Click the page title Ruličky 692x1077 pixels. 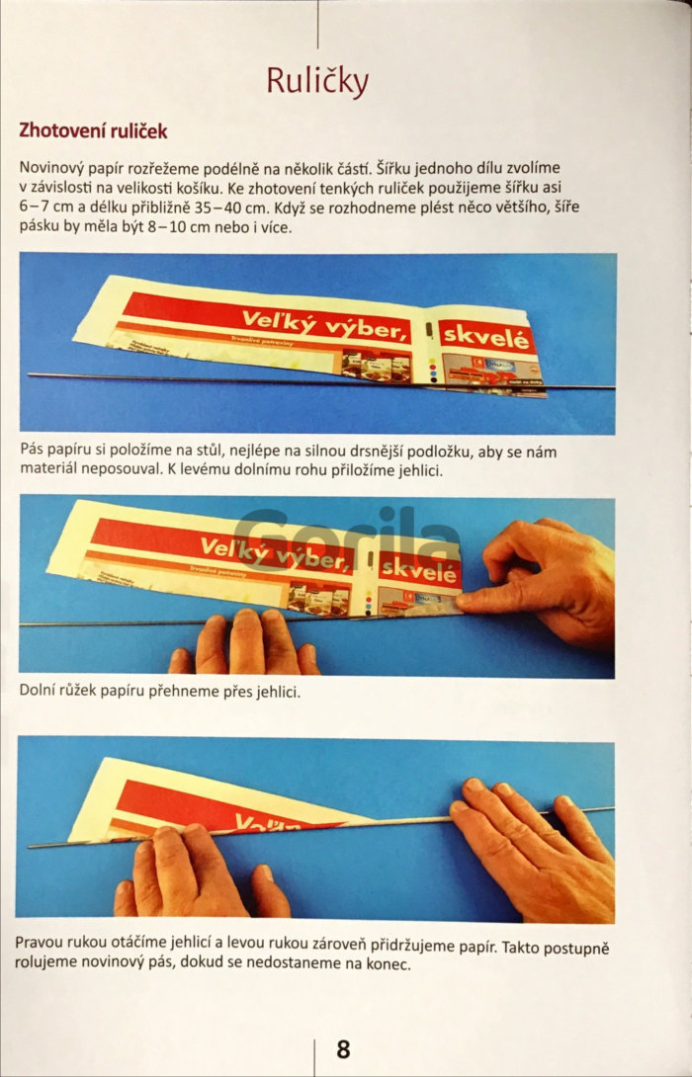[x=317, y=82]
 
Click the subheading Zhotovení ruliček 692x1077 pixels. [x=93, y=130]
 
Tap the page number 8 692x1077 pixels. [x=343, y=1048]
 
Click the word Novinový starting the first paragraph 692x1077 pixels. [x=48, y=168]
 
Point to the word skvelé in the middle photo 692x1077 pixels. [x=419, y=569]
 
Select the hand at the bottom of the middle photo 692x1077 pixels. [x=244, y=642]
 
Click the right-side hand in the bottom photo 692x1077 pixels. [x=534, y=849]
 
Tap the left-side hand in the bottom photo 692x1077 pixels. [x=200, y=872]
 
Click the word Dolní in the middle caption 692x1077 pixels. [x=37, y=691]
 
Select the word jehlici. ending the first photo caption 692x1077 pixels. [x=420, y=471]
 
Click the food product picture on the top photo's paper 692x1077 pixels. [x=376, y=366]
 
